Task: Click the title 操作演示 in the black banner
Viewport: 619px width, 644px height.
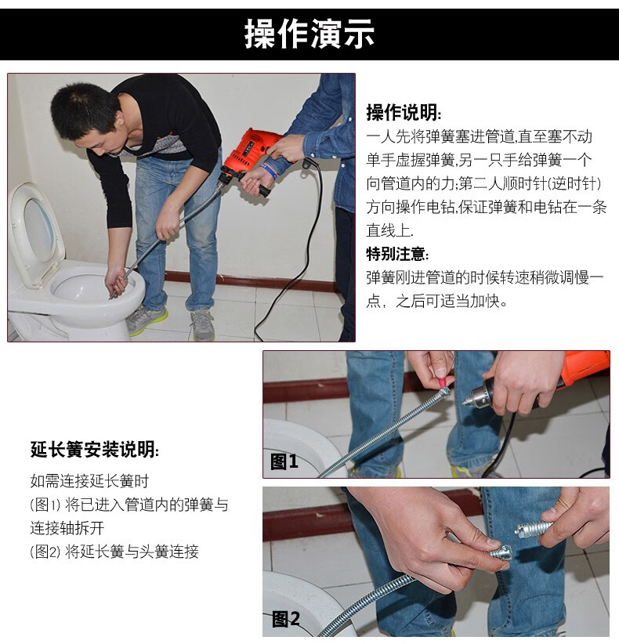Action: pos(309,34)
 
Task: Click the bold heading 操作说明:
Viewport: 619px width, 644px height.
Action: pos(404,112)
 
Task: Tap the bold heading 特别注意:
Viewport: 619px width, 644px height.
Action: pos(397,254)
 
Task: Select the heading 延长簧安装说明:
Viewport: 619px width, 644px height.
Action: pos(94,450)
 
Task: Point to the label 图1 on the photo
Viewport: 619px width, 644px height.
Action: pos(284,461)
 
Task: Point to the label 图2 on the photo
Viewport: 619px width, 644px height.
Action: pos(286,618)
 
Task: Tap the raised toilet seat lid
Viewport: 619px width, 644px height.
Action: pos(36,233)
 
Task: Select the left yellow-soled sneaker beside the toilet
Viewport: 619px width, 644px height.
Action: pos(146,319)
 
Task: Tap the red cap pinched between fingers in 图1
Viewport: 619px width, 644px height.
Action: pos(443,382)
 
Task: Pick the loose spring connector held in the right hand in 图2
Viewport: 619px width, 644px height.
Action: pos(534,528)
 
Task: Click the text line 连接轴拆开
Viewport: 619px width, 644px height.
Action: pos(67,528)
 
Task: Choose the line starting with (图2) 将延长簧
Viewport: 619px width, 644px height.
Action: pos(114,552)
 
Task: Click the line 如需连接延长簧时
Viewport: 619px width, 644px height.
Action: pos(89,480)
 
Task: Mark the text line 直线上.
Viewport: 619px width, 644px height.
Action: pos(389,230)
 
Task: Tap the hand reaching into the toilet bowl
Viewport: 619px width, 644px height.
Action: pos(116,280)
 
